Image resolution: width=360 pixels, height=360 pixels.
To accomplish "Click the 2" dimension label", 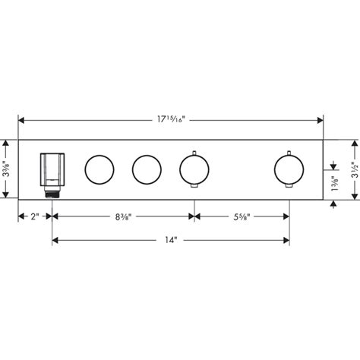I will point(34,216).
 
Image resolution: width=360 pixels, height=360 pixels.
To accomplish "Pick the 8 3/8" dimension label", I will point(121,216).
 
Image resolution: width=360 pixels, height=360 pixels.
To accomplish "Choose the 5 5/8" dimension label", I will point(242,216).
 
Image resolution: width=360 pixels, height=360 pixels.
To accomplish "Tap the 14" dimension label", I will point(170,242).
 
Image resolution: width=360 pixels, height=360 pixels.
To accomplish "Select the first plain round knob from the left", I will point(99,169).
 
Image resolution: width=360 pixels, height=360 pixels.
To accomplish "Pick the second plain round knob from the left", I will point(146,169).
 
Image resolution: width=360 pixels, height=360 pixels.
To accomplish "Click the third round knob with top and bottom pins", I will point(194,169).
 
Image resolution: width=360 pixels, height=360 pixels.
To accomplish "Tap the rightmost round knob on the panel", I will point(289,169).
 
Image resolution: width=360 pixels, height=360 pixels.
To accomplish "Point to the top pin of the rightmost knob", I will point(289,150).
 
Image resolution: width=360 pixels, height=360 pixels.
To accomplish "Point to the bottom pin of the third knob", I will point(194,188).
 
